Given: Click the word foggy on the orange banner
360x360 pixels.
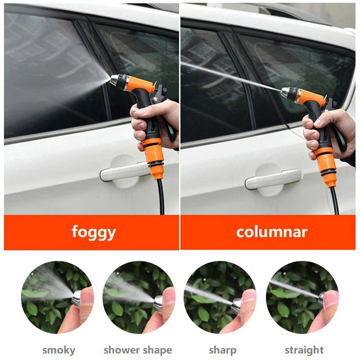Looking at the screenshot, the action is tap(94, 232).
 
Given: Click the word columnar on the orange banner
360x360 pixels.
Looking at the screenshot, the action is tap(272, 232).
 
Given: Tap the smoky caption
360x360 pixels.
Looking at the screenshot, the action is tap(59, 351).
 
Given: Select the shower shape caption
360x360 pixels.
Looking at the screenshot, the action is tap(138, 351).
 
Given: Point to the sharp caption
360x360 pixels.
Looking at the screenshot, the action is tap(222, 351).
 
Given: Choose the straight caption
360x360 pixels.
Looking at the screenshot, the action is tap(304, 351).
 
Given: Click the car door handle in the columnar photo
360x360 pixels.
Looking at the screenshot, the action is tap(273, 179).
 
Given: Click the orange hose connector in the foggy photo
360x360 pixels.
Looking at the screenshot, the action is tap(153, 158).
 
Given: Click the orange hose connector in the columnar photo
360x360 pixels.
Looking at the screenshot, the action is tap(325, 167).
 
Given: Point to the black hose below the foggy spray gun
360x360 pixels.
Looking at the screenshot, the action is tap(161, 197).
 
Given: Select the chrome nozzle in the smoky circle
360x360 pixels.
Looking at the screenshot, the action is tap(76, 298).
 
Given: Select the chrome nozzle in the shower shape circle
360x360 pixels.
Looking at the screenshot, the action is tap(158, 303).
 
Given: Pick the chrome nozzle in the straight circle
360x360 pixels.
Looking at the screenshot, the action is tap(321, 300).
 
